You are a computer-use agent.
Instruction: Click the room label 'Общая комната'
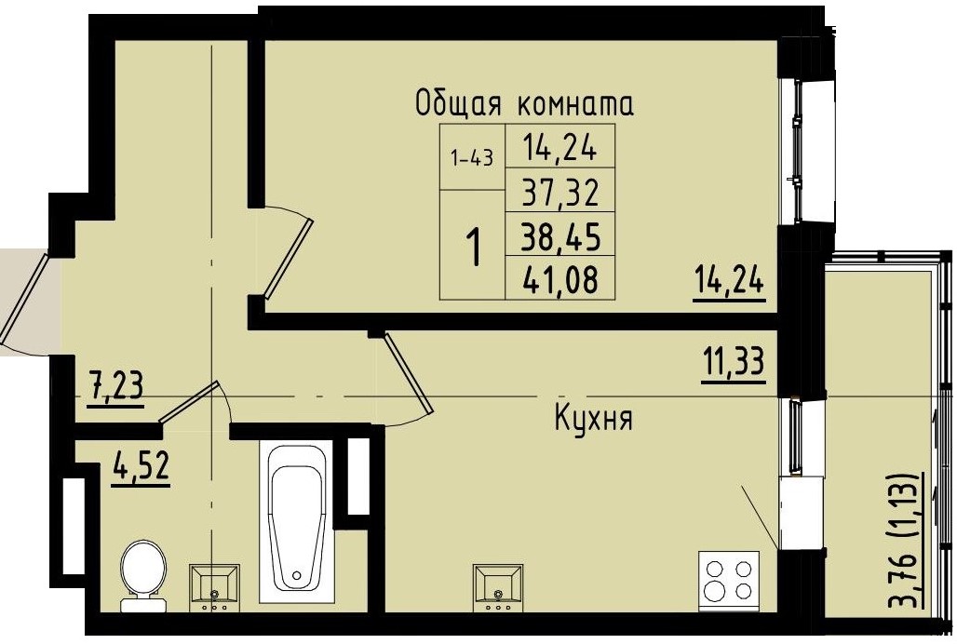(x=524, y=103)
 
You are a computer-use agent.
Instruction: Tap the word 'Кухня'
(x=593, y=420)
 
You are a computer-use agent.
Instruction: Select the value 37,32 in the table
(x=559, y=194)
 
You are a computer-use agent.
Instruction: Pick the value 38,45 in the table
(x=559, y=236)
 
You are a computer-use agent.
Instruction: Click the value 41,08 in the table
(x=559, y=278)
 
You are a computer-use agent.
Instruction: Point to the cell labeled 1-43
(x=471, y=158)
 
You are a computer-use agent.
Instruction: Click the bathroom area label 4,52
(x=141, y=464)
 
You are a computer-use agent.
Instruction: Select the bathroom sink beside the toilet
(x=215, y=585)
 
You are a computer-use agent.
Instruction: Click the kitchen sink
(x=500, y=585)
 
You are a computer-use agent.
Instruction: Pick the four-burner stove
(x=728, y=578)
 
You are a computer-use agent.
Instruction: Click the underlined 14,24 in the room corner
(x=728, y=279)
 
